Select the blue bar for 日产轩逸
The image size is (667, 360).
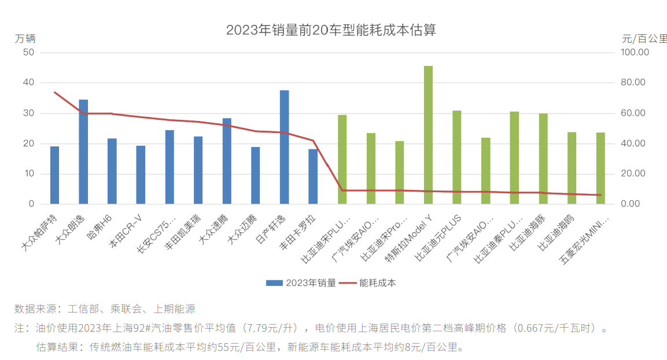(284, 147)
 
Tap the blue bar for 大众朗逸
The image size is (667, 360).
(83, 152)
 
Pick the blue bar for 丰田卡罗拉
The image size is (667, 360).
(313, 177)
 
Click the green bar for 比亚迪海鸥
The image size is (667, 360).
(572, 168)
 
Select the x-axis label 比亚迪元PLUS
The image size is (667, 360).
(443, 237)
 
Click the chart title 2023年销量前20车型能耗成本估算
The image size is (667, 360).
(331, 30)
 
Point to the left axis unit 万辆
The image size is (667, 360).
(25, 39)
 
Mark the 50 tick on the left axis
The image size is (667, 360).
(28, 52)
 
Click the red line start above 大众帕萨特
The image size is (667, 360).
(54, 92)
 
